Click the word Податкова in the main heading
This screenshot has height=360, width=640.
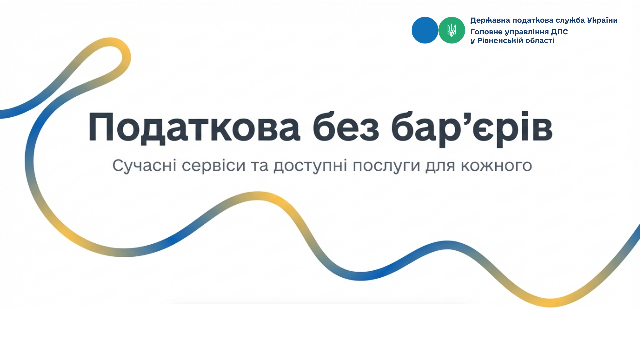click(x=194, y=128)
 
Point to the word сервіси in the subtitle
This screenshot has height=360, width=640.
click(x=214, y=165)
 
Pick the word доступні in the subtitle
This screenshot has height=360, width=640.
click(x=310, y=166)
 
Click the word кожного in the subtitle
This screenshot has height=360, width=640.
click(x=496, y=166)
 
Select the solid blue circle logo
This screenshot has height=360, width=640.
click(x=425, y=30)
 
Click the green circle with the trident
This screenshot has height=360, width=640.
click(x=452, y=30)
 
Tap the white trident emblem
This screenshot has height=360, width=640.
click(x=452, y=30)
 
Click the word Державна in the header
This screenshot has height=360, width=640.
click(x=490, y=20)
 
